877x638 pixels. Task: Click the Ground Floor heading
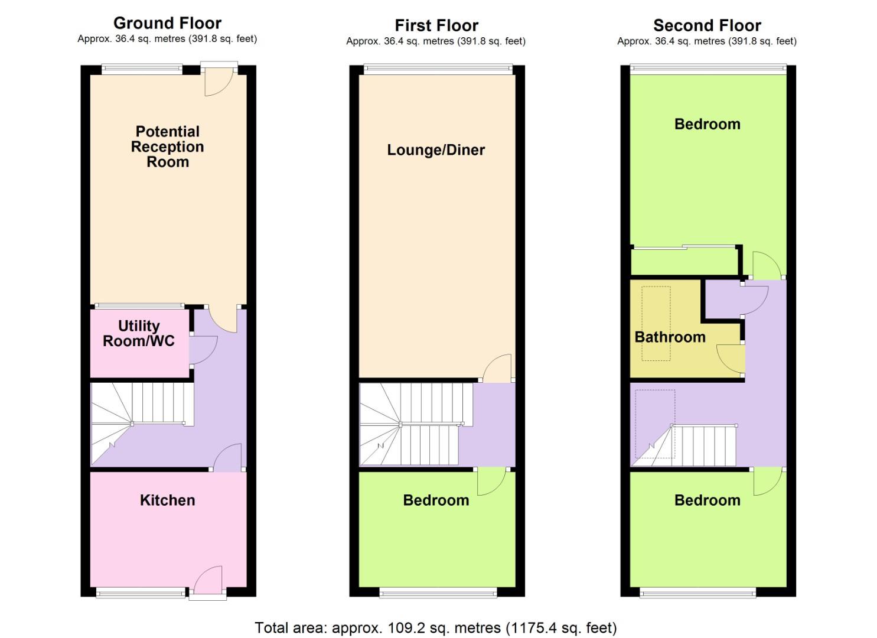[x=167, y=23]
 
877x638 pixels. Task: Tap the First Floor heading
[x=436, y=25]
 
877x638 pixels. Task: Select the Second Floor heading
[x=707, y=25]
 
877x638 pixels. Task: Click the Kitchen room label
[x=167, y=500]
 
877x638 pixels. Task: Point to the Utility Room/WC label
[x=139, y=333]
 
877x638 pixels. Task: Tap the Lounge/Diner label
[x=436, y=150]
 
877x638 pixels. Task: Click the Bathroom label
[x=670, y=337]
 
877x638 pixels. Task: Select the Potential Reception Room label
[x=167, y=147]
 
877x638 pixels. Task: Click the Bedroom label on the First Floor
[x=436, y=500]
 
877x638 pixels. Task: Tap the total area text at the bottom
[x=435, y=627]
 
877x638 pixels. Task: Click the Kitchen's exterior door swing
[x=208, y=578]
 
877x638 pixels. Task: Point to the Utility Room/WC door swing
[x=203, y=350]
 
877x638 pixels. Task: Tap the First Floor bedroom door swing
[x=490, y=481]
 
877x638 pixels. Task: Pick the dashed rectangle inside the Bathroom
[x=656, y=323]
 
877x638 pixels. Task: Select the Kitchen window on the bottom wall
[x=141, y=593]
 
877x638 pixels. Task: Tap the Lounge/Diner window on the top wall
[x=437, y=69]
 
